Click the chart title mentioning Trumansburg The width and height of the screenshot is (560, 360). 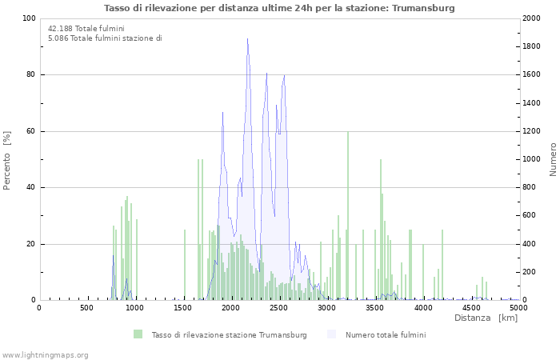[279, 8]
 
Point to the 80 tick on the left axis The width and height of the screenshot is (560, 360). [30, 75]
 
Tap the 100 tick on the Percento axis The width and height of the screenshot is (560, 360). [29, 18]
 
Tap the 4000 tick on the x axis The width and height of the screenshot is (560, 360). [423, 307]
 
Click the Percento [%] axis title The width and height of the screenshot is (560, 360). [8, 160]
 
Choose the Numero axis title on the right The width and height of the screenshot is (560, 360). [552, 160]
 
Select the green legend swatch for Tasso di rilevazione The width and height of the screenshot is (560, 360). [138, 334]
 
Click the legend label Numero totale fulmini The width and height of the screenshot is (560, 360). [386, 334]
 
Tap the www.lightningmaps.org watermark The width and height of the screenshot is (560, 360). [46, 354]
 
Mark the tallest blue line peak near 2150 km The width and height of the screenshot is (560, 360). [247, 39]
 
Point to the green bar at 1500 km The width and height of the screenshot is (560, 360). [185, 265]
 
